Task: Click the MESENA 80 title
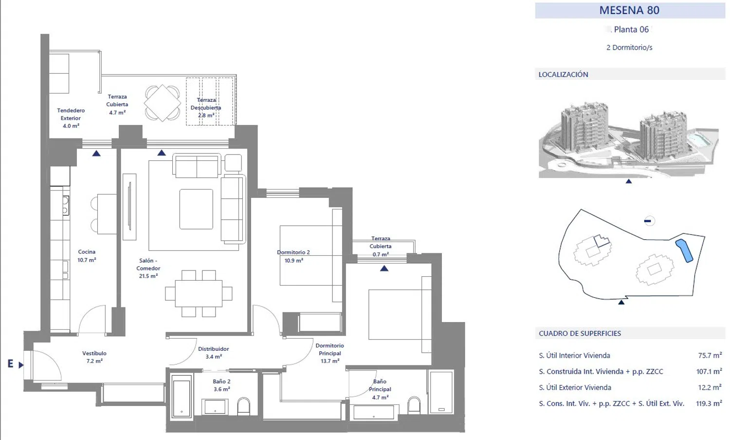pyautogui.click(x=629, y=10)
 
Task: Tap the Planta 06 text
pyautogui.click(x=631, y=29)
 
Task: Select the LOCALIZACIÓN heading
pyautogui.click(x=563, y=75)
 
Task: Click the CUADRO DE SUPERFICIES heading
pyautogui.click(x=580, y=333)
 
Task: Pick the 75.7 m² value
pyautogui.click(x=710, y=355)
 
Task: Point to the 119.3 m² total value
pyautogui.click(x=709, y=403)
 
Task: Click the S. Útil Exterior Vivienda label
pyautogui.click(x=575, y=387)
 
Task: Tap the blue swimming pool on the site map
pyautogui.click(x=684, y=250)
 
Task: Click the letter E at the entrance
pyautogui.click(x=10, y=363)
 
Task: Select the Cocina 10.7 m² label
pyautogui.click(x=87, y=256)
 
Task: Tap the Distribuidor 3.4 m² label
pyautogui.click(x=214, y=353)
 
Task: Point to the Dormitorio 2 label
pyautogui.click(x=293, y=252)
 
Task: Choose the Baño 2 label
pyautogui.click(x=221, y=381)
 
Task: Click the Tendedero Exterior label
pyautogui.click(x=71, y=114)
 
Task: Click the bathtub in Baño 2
pyautogui.click(x=182, y=396)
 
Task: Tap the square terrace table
pyautogui.click(x=162, y=103)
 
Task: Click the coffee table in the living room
pyautogui.click(x=196, y=209)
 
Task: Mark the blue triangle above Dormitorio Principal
pyautogui.click(x=384, y=268)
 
